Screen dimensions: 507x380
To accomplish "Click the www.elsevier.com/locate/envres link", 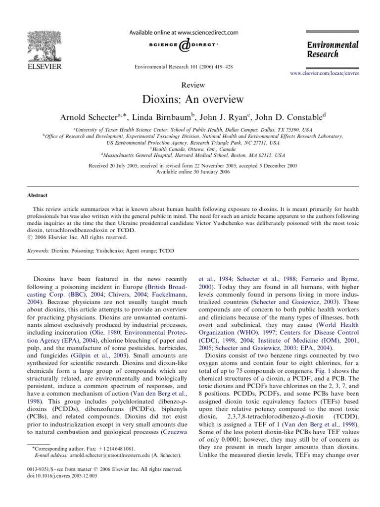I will [324, 73].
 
